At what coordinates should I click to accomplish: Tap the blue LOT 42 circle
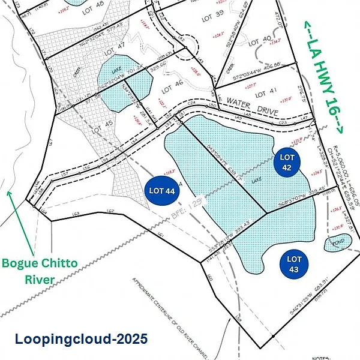coord(286,162)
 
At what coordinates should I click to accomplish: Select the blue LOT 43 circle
coord(293,263)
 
